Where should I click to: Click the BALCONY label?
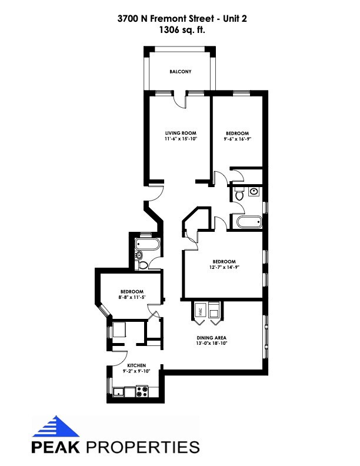click(x=180, y=72)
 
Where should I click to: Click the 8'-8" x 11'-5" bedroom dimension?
click(x=132, y=298)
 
